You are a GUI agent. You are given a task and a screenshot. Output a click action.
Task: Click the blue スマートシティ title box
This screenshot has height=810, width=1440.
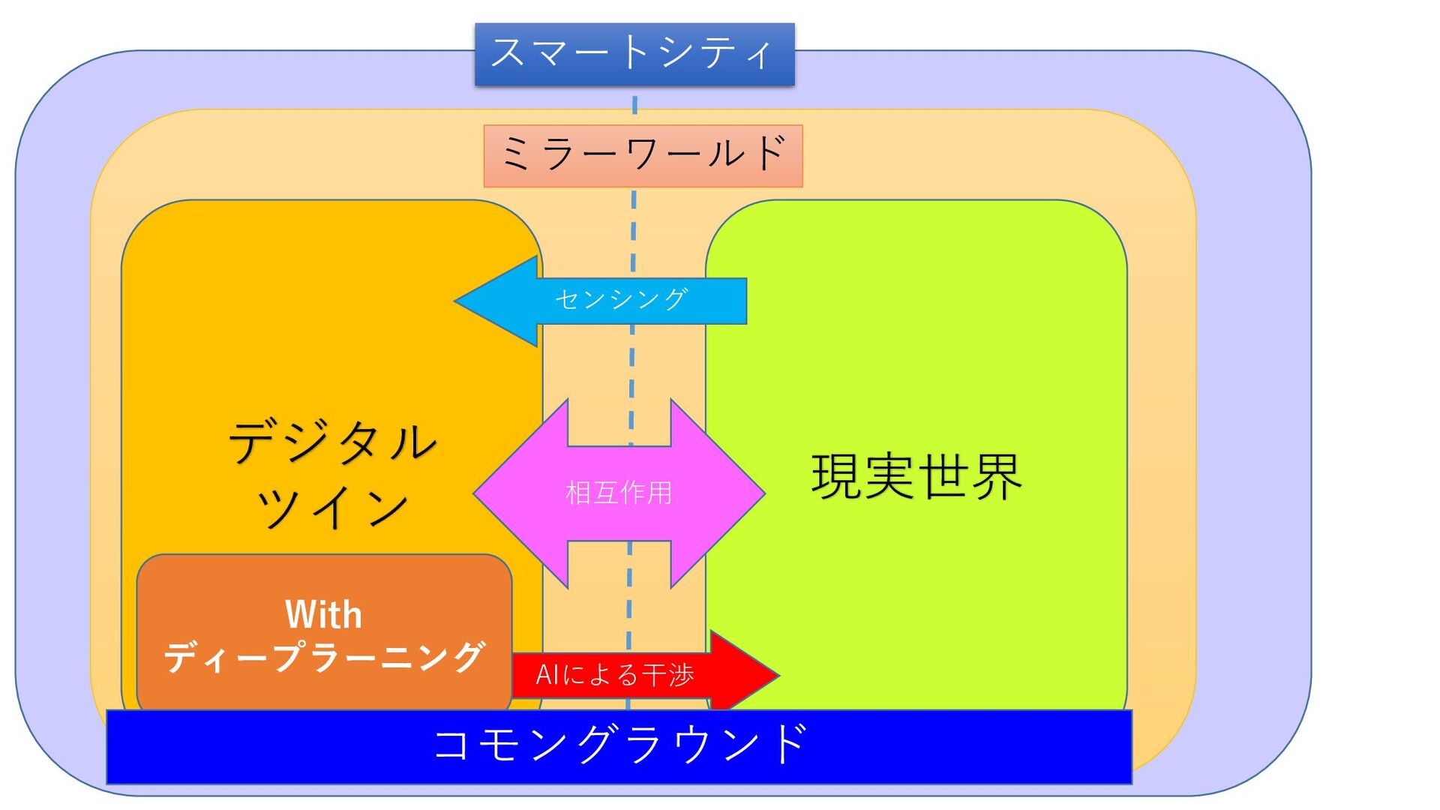click(634, 54)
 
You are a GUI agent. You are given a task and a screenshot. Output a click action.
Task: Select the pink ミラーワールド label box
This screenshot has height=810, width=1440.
click(643, 155)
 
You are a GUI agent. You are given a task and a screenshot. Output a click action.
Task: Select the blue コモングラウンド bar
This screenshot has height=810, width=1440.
click(619, 745)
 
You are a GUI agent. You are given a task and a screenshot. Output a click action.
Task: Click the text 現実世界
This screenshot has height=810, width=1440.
click(916, 476)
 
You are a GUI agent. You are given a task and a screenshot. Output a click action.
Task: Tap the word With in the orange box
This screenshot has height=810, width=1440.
click(323, 615)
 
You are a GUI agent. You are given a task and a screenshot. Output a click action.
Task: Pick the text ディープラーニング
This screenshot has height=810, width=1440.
click(323, 657)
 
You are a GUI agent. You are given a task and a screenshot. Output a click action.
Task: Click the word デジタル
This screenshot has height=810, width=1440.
click(332, 441)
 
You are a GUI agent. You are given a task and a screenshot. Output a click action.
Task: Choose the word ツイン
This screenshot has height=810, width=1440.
click(332, 507)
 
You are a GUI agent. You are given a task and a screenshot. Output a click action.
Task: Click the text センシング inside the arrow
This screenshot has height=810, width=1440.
click(620, 299)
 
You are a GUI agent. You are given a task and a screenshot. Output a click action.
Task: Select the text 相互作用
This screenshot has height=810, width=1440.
click(619, 493)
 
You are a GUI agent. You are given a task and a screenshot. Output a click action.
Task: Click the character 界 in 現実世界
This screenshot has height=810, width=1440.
click(997, 476)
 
